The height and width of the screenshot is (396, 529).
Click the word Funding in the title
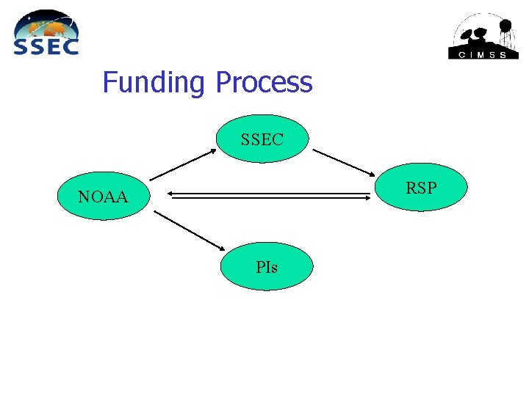153,82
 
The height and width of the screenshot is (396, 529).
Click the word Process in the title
264,82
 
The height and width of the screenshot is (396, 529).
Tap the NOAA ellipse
103,197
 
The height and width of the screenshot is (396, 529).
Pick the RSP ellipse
421,188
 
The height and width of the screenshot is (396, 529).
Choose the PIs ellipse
267,268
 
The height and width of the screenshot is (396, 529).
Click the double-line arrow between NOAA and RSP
268,196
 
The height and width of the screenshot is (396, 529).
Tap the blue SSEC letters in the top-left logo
46,46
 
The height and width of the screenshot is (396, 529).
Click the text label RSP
421,188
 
